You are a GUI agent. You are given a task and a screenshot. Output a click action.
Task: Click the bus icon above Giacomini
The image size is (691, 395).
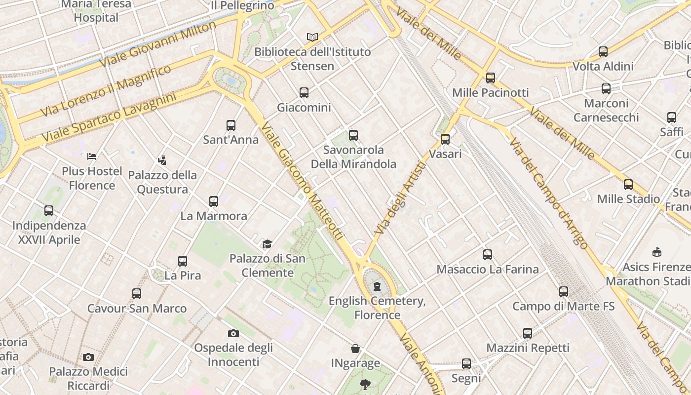point(304,92)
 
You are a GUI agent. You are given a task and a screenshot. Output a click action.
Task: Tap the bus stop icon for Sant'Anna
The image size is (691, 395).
point(231,125)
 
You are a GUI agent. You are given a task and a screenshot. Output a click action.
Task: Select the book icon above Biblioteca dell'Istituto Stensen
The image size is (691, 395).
point(312,37)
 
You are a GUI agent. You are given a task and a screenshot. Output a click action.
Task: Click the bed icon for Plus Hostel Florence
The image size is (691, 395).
point(92,157)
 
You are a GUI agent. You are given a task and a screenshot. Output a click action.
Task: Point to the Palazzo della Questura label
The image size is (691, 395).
point(162,182)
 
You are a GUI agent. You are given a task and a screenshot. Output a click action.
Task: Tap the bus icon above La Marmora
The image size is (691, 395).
point(214,201)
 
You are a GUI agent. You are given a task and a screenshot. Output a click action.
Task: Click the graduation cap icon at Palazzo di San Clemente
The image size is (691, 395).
point(267,244)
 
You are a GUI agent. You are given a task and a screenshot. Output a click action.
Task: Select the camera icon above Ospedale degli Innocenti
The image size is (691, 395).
point(233,333)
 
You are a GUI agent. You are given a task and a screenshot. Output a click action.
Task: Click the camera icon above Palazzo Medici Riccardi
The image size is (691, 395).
point(88,357)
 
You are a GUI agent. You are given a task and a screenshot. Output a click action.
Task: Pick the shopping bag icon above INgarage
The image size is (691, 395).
point(355,349)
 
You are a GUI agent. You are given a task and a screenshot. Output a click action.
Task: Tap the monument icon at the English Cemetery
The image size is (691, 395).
point(377,286)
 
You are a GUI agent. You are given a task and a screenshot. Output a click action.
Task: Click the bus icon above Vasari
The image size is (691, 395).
point(445,139)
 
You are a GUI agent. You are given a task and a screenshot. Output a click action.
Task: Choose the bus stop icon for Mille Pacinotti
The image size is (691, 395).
point(490,78)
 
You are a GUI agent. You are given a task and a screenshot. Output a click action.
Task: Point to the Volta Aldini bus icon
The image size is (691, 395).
point(603,51)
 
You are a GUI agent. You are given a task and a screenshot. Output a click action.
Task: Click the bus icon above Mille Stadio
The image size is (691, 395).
point(628,184)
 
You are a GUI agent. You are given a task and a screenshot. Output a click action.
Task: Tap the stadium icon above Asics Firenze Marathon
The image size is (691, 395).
point(656,252)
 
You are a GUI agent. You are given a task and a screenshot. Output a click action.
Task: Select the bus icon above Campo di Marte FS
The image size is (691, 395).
point(564,291)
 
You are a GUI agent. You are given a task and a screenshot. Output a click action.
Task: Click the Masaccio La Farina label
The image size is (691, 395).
point(488,270)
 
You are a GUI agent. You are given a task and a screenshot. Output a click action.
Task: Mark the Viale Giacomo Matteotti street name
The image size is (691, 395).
point(302,181)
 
